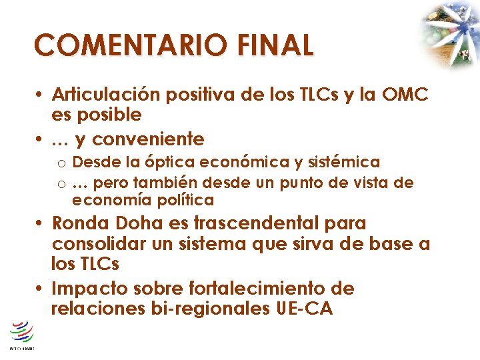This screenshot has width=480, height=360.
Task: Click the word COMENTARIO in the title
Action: coord(132,46)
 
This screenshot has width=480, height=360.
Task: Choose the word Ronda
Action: coord(79,223)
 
